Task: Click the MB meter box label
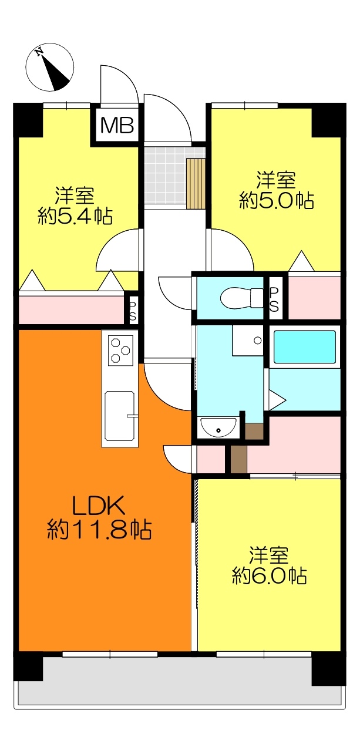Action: tap(117, 126)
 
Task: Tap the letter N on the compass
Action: tap(40, 52)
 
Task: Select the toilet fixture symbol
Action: tap(241, 298)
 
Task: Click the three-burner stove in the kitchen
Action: tap(120, 351)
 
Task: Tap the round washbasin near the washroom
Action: tap(218, 427)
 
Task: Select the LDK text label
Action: tap(98, 505)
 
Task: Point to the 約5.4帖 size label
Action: tap(75, 216)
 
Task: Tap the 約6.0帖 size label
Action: tap(269, 576)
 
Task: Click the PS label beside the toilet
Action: tap(274, 299)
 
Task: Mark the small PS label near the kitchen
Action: tap(132, 311)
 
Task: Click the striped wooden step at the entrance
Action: tap(196, 184)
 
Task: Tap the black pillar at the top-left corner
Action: tap(28, 120)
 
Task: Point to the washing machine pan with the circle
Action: tap(248, 341)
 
